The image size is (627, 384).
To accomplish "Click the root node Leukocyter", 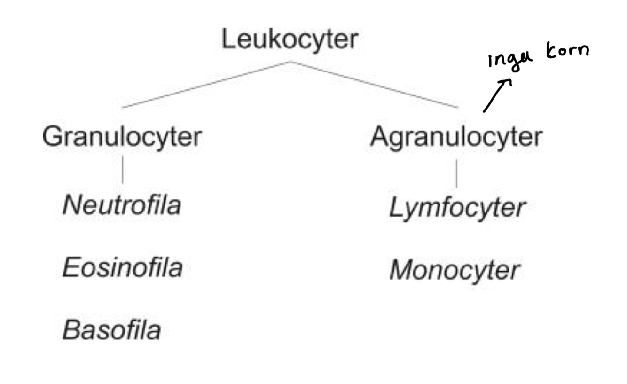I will pos(289,39).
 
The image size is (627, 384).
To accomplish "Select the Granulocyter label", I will pos(122,137).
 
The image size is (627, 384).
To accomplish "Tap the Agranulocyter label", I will pos(456,137).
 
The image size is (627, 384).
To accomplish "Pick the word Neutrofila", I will pos(122,205).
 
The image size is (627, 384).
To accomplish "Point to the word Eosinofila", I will pos(122,268).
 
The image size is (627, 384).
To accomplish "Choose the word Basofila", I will pos(111,330).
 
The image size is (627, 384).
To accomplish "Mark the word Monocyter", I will pos(455,271).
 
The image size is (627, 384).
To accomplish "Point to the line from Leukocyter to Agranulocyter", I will pos(374,85).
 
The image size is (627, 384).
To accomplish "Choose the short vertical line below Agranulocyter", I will pos(456,173).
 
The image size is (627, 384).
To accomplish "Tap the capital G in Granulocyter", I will pos(51,137).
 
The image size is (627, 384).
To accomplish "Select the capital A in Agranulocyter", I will pos(379,136).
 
